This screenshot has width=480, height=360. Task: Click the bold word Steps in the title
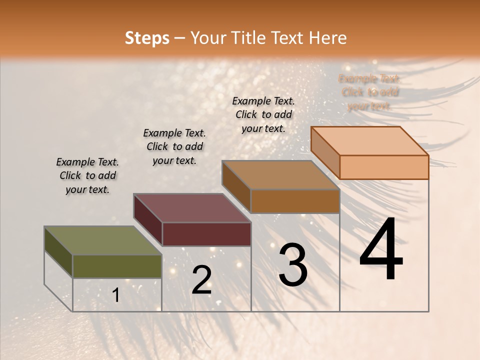[x=147, y=38]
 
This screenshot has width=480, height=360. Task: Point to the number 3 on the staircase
[x=292, y=264]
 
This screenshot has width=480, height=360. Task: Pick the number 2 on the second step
[x=201, y=280]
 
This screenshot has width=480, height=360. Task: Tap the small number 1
[x=116, y=295]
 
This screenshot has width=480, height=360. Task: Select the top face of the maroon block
[x=191, y=208]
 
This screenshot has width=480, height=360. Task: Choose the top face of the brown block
[x=280, y=175]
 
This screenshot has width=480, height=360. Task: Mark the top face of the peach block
[x=369, y=141]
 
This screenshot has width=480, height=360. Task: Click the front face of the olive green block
[x=117, y=266]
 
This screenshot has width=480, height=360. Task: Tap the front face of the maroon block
[x=206, y=234]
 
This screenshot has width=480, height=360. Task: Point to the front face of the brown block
[x=295, y=201]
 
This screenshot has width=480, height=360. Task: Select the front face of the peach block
[x=384, y=167]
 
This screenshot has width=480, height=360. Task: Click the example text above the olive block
[x=87, y=175]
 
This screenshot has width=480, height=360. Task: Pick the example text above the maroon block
[x=174, y=146]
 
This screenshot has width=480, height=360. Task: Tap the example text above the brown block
[x=263, y=114]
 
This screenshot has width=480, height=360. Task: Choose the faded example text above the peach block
[x=369, y=92]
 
